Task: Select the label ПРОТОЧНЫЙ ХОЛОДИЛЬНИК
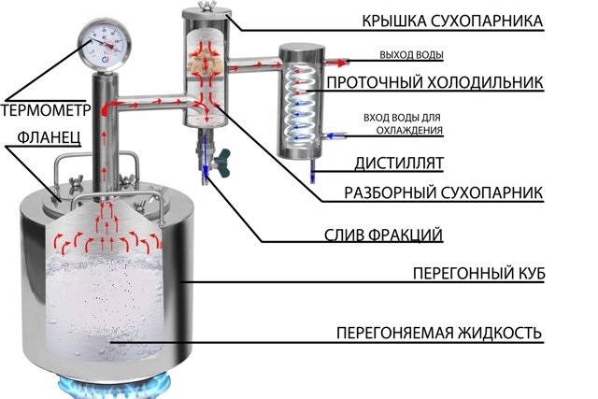pyautogui.click(x=434, y=82)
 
